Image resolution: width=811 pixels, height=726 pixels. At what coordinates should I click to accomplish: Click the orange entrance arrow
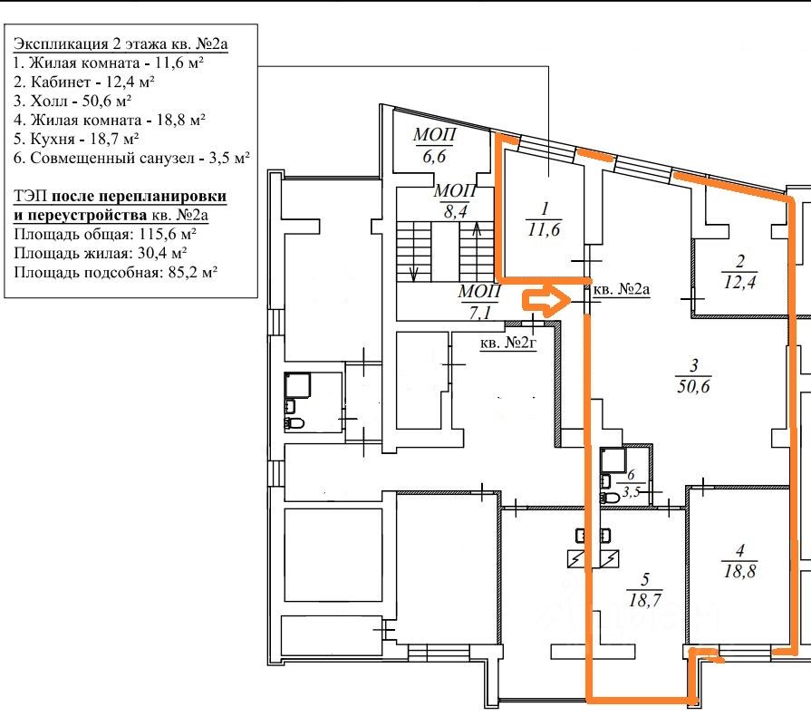point(542,300)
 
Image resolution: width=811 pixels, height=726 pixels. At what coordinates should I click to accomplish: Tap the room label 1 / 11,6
point(544,219)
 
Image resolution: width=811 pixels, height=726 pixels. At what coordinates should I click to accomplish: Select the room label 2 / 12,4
point(740,272)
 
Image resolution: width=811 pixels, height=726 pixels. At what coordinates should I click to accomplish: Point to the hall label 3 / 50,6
point(693,376)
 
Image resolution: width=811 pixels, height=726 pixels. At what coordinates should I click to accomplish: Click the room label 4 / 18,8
point(740,561)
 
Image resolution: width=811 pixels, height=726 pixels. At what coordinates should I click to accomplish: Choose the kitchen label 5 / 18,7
point(645,590)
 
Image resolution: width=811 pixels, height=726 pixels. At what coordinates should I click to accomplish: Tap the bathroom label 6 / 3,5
point(631,483)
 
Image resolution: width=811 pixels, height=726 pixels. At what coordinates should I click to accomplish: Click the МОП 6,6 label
point(434,145)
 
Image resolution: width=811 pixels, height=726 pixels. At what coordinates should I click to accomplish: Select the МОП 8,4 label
point(455,201)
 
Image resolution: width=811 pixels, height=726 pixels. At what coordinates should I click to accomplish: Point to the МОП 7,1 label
point(480,302)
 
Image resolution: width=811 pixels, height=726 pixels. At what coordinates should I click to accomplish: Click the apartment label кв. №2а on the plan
point(621,289)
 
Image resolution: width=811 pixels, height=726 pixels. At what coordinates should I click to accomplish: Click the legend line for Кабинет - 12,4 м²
point(84,82)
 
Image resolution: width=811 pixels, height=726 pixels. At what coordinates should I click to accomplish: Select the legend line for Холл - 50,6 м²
point(72,101)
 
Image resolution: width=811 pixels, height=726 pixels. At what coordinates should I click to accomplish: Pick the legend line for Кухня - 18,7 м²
point(76,139)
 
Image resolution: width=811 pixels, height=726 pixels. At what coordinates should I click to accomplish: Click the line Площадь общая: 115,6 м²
point(105,234)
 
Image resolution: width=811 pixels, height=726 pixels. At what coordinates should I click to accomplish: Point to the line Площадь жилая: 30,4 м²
point(101,253)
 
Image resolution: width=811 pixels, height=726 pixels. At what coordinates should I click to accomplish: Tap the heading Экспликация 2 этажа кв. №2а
point(121,44)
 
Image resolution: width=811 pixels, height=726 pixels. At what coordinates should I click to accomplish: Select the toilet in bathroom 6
point(610,498)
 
